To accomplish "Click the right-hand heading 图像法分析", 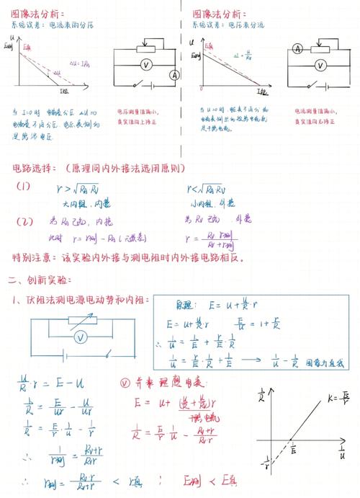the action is pos(217,14).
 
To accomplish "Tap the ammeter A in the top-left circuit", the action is pos(174,75).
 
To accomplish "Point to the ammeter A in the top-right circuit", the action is pos(297,49).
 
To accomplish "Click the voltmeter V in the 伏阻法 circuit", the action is pos(82,337).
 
